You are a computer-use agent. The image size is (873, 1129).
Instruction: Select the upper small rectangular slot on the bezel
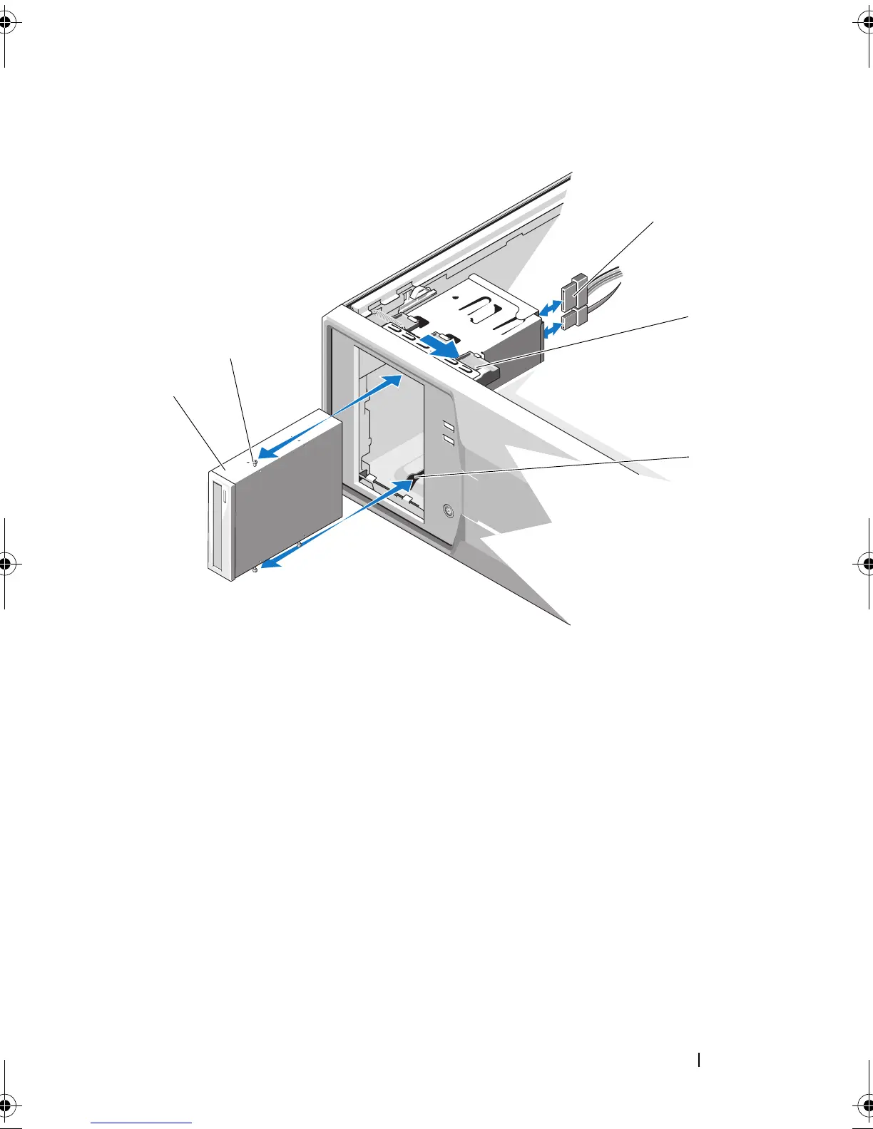tap(447, 426)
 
